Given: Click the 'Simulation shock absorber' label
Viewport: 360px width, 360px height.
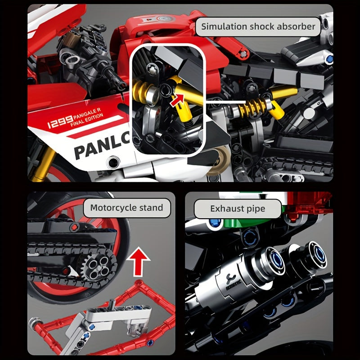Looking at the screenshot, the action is click(x=258, y=27).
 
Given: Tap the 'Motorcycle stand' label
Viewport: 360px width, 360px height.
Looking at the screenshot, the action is click(x=127, y=208).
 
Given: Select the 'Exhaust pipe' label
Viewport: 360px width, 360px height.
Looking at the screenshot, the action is click(x=238, y=209).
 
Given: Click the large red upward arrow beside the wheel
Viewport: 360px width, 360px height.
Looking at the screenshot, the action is click(x=138, y=262).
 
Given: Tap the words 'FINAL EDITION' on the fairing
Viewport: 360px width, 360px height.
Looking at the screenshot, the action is click(x=87, y=120).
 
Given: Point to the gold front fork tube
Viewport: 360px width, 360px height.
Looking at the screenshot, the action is click(x=43, y=165).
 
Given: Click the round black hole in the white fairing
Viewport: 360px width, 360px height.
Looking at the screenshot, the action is click(x=113, y=162).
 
